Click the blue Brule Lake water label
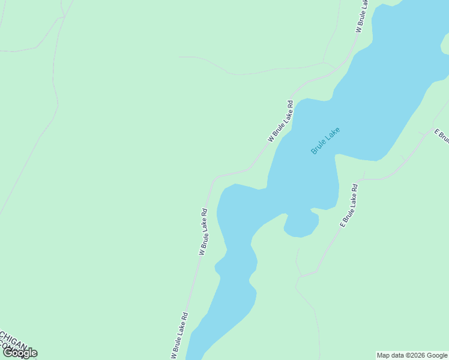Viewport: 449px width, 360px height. [x=325, y=140]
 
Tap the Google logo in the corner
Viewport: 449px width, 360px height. [x=19, y=353]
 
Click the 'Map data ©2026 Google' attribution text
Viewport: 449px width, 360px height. [x=412, y=355]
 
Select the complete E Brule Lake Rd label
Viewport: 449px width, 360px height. [x=349, y=205]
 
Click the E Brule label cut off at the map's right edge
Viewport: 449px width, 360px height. [x=441, y=136]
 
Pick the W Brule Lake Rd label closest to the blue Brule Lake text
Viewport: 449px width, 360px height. [x=281, y=121]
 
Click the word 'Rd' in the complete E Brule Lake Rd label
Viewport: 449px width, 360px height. [x=355, y=188]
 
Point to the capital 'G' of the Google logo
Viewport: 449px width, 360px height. [x=8, y=353]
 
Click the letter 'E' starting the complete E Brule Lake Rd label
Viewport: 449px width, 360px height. [x=342, y=224]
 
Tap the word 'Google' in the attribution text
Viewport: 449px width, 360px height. [x=437, y=355]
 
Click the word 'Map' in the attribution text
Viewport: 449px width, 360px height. [x=384, y=355]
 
